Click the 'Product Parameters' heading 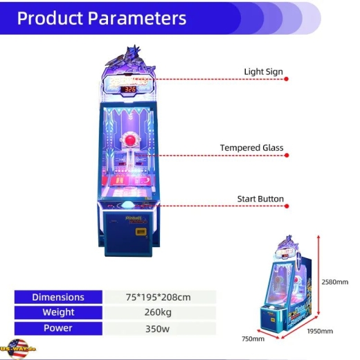point(102,18)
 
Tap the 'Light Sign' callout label point(263,71)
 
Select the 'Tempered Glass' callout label point(251,147)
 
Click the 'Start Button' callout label point(260,199)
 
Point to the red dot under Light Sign point(287,79)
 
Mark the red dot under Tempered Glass point(287,155)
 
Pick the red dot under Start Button point(287,206)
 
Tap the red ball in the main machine point(130,140)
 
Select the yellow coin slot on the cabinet point(141,231)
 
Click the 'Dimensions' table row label point(58,297)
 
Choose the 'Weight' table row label point(58,312)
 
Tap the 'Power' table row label point(58,328)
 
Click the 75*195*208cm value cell point(160,297)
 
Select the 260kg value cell point(160,312)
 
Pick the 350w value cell point(160,329)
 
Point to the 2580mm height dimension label point(334,282)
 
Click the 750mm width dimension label point(253,339)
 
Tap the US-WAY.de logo point(18,349)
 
